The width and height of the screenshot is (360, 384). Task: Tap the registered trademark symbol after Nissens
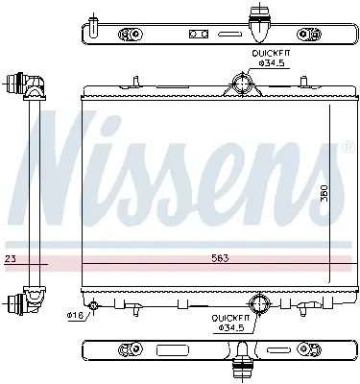pos(347,147)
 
